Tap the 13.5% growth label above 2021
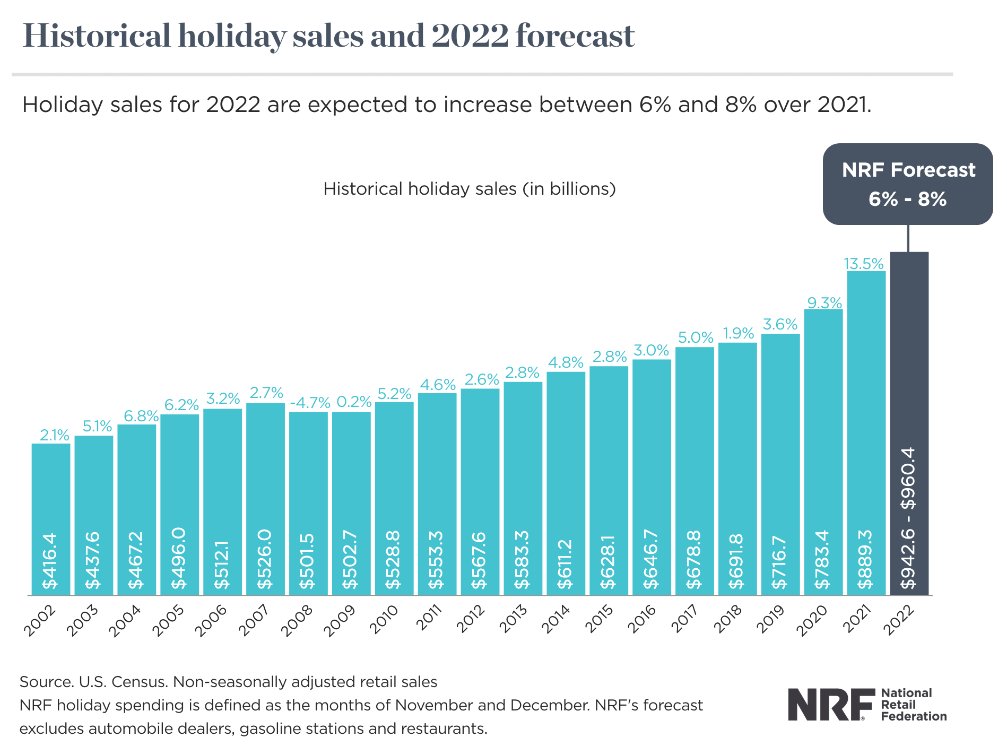coord(864,264)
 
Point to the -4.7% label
coord(310,402)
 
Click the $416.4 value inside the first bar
coord(50,561)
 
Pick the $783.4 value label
coord(822,559)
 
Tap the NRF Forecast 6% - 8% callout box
coord(908,184)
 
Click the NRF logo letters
coord(831,705)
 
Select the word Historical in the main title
coord(97,36)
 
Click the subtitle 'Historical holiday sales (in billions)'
coord(470,189)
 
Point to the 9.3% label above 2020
coord(824,303)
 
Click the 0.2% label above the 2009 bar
coord(354,402)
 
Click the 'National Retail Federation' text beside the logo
coord(913,705)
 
